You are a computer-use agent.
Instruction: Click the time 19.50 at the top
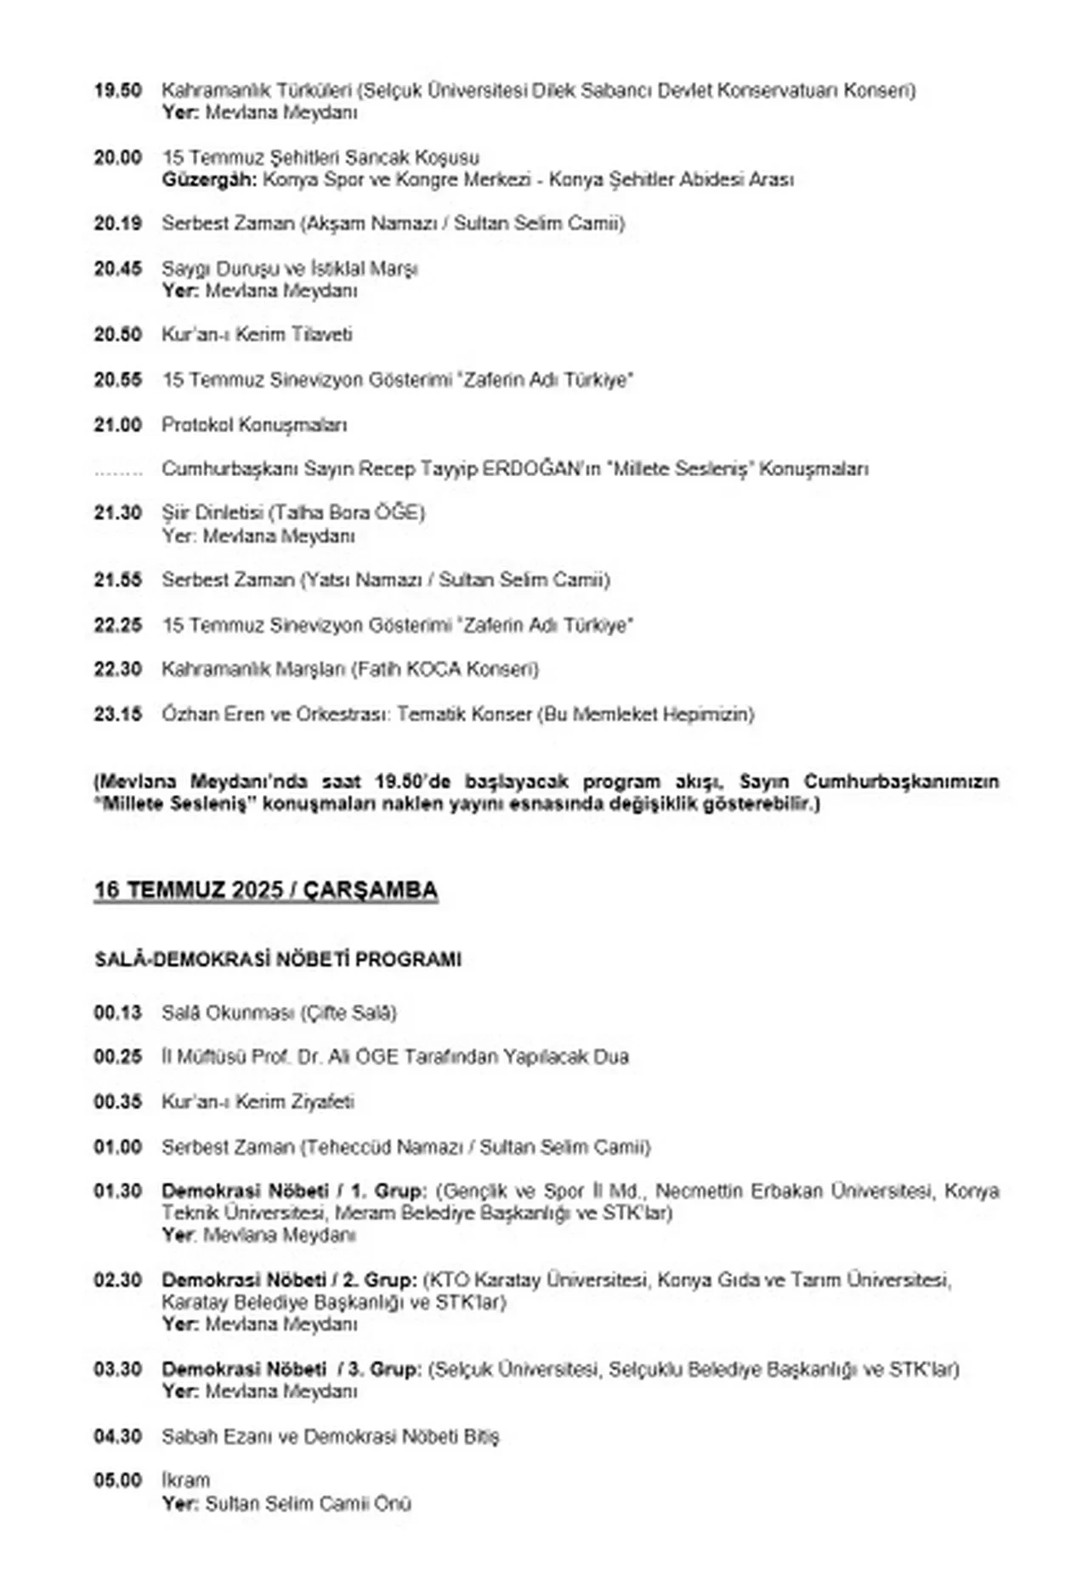click(117, 90)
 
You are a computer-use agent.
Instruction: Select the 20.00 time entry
click(117, 157)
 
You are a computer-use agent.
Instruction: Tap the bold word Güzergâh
click(209, 180)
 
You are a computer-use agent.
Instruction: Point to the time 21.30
click(117, 513)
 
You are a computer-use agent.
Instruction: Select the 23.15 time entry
click(117, 714)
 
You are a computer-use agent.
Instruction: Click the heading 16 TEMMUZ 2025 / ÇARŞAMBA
click(265, 890)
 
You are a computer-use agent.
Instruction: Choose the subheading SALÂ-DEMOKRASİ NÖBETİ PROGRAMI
click(277, 960)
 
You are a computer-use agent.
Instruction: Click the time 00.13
click(117, 1013)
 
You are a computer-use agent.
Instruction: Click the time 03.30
click(117, 1370)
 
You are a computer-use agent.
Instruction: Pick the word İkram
click(185, 1480)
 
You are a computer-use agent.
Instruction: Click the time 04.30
click(117, 1437)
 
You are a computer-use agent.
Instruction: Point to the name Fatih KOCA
click(403, 670)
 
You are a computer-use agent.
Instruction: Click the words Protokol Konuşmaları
click(254, 425)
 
